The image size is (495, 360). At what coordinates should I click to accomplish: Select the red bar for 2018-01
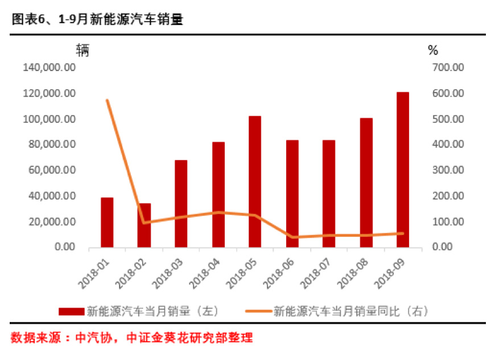point(107,222)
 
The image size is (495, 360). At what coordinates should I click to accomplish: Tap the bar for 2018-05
point(255,181)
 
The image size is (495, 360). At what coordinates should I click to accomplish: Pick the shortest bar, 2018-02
point(144,225)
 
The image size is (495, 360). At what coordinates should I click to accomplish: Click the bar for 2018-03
point(181,204)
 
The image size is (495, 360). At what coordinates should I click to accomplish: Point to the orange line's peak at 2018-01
point(107,101)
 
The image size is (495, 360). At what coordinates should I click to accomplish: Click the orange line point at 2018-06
point(292,237)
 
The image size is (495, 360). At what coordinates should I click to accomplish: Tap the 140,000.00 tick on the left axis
point(49,68)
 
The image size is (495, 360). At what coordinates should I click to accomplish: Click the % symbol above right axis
point(432,50)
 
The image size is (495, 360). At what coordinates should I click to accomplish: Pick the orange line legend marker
point(258,311)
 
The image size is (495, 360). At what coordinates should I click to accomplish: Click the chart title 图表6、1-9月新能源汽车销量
point(97,19)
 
